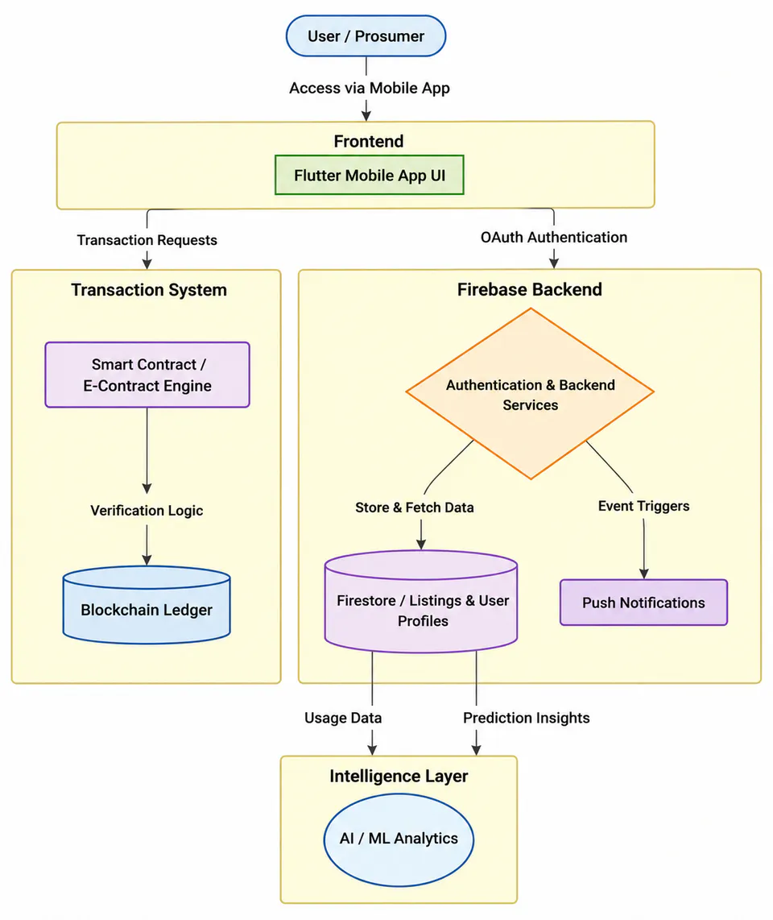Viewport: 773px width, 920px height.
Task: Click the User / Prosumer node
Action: click(366, 35)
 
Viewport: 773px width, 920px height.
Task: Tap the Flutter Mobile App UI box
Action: click(370, 175)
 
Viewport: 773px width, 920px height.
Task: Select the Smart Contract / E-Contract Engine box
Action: click(147, 375)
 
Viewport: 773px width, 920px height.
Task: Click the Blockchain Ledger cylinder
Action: click(147, 605)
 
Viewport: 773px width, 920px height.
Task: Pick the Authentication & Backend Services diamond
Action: click(530, 394)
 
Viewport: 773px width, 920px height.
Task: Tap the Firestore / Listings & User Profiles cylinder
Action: click(421, 602)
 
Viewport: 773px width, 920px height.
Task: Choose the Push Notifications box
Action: click(644, 603)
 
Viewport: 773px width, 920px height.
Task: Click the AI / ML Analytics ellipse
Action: click(399, 839)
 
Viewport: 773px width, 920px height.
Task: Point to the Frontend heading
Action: click(369, 142)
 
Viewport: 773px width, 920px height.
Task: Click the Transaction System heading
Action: click(149, 290)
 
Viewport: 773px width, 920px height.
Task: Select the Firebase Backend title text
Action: click(530, 289)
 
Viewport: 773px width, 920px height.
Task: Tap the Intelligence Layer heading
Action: click(399, 777)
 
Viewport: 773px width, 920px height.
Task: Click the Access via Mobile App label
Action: click(370, 88)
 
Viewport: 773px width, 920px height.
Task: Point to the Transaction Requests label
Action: click(147, 240)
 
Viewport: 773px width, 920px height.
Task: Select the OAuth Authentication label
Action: click(554, 237)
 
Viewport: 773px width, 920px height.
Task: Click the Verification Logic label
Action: click(147, 511)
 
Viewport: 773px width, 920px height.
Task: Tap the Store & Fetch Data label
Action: click(415, 508)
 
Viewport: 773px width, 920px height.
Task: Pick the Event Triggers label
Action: click(644, 506)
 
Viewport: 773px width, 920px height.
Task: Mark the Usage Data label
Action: click(343, 718)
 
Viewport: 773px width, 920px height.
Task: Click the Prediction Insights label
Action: click(527, 718)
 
